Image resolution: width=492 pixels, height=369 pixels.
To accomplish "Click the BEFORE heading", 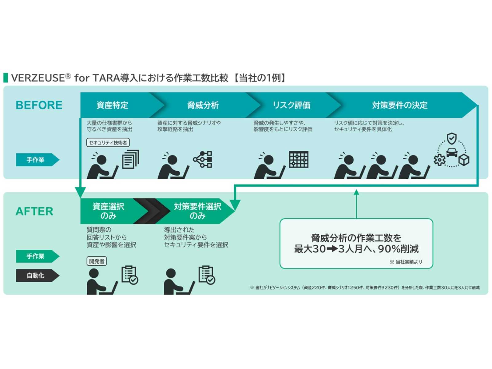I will (x=39, y=105).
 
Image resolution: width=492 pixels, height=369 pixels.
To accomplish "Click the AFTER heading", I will (x=34, y=212).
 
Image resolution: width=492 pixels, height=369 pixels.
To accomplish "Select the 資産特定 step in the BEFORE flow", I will (x=112, y=105).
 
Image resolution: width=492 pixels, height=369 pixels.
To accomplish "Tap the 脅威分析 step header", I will (x=203, y=105).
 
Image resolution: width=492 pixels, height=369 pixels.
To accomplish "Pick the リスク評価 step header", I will (x=291, y=105).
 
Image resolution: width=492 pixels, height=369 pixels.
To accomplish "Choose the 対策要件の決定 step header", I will (x=399, y=105).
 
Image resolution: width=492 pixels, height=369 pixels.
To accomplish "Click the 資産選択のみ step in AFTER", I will (x=108, y=211).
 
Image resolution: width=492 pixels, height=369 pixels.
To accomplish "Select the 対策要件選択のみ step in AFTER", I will (x=197, y=211).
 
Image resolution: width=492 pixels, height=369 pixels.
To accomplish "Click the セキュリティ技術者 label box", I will (x=108, y=143).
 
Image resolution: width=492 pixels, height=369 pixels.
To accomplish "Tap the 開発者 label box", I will (x=97, y=261).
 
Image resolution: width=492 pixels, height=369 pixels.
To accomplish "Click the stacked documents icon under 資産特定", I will (x=130, y=159).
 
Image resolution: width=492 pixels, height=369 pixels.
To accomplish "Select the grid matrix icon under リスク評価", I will (x=299, y=159).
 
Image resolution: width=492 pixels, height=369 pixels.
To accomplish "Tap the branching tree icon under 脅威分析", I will (x=203, y=159).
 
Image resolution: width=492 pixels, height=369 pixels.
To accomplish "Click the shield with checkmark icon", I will (x=451, y=139).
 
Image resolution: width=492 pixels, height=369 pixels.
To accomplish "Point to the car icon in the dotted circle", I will (x=452, y=152).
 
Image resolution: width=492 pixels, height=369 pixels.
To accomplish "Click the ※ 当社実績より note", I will (x=406, y=262).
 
